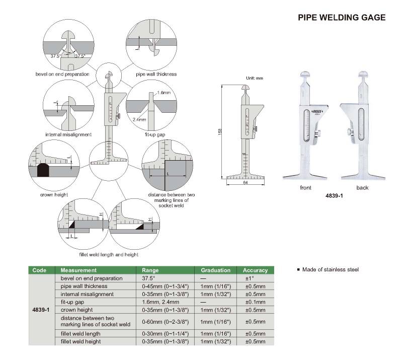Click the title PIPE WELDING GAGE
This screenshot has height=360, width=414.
pos(342,17)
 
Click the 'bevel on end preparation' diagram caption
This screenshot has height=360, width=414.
pos(62,74)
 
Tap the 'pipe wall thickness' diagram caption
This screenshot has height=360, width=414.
pos(156,74)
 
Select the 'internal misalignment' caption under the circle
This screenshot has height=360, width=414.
pos(68,134)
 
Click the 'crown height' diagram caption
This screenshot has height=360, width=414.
pos(54,194)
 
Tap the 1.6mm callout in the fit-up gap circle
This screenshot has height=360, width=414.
pos(163,94)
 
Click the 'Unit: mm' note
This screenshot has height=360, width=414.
pos(255,79)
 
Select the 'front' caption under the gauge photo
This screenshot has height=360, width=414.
pos(306,188)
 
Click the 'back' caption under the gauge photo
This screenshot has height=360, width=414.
pos(362,188)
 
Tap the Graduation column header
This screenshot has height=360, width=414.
pos(215,270)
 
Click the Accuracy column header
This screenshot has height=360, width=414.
pos(256,270)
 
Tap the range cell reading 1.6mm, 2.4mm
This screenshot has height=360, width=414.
pos(158,302)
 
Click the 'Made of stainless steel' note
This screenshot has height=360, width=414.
pos(330,270)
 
